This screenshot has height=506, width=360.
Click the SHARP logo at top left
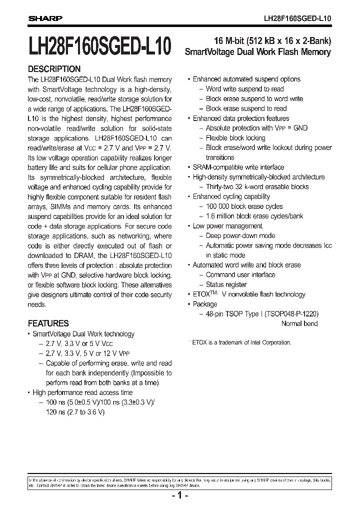tap(44, 18)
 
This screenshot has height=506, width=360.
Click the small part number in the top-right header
tap(297, 18)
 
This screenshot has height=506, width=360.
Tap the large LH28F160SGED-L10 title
tap(100, 46)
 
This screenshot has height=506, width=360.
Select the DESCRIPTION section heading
tap(54, 69)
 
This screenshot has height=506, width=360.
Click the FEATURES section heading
tap(48, 323)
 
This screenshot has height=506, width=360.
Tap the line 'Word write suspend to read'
tap(244, 89)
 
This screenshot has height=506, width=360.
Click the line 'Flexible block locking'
tap(235, 138)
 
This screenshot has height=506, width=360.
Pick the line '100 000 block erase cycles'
tap(244, 206)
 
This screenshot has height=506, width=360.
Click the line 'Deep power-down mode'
tap(240, 236)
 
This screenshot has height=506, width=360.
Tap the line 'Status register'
tap(229, 284)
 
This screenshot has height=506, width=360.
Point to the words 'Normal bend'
tap(299, 323)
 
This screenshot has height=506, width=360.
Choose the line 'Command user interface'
tap(240, 275)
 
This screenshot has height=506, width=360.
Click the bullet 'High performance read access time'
tap(82, 392)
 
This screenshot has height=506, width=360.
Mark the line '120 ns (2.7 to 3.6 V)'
tap(75, 412)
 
